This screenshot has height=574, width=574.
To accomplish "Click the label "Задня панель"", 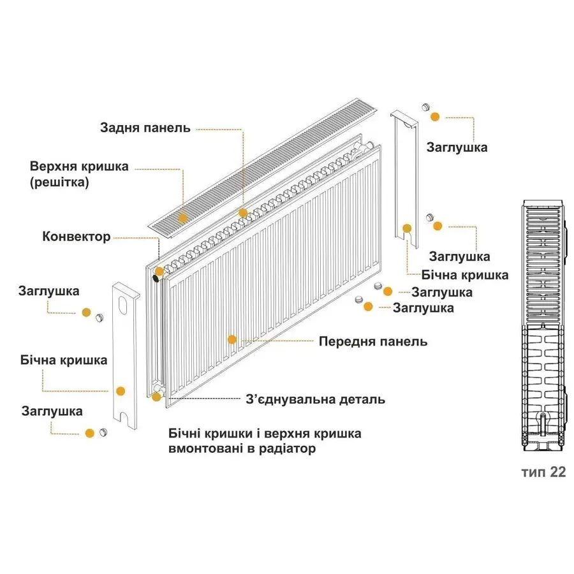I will point(145,128).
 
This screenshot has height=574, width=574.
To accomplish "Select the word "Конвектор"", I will point(77,237).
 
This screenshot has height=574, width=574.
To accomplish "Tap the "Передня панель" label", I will point(373,341).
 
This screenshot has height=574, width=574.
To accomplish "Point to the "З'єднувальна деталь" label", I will point(315,400).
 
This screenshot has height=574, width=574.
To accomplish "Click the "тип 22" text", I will point(543,472).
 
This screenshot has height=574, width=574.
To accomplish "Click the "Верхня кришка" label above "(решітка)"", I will point(79,166).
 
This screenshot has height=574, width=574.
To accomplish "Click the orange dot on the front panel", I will point(232,340).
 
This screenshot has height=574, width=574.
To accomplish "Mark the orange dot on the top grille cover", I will point(183,217).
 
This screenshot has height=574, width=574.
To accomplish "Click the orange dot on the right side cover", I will point(406,228).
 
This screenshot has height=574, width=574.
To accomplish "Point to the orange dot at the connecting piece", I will point(156,397).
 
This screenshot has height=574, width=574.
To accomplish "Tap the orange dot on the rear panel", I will point(242,212).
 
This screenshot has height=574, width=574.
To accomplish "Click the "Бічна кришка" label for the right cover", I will point(465,275).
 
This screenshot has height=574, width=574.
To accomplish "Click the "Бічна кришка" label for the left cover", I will point(63,360).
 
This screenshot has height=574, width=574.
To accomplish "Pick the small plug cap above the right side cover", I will point(426,107).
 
